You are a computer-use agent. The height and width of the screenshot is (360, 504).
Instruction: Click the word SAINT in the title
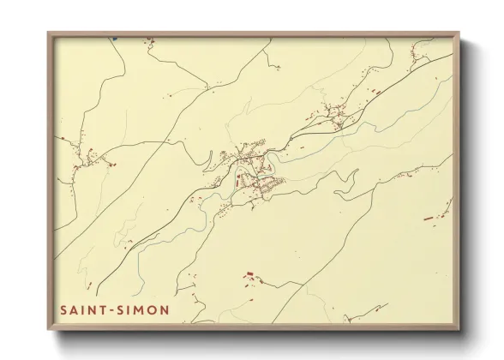click(82, 309)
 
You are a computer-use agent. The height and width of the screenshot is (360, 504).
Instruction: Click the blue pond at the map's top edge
click(113, 38)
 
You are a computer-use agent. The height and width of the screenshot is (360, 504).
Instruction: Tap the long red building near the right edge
click(429, 219)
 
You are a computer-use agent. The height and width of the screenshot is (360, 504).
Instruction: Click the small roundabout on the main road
click(273, 153)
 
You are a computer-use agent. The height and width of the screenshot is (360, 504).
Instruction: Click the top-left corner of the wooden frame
click(49, 33)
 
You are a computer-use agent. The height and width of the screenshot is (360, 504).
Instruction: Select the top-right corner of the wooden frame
click(459, 33)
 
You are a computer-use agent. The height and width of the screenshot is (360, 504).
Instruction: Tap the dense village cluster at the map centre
click(253, 171)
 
